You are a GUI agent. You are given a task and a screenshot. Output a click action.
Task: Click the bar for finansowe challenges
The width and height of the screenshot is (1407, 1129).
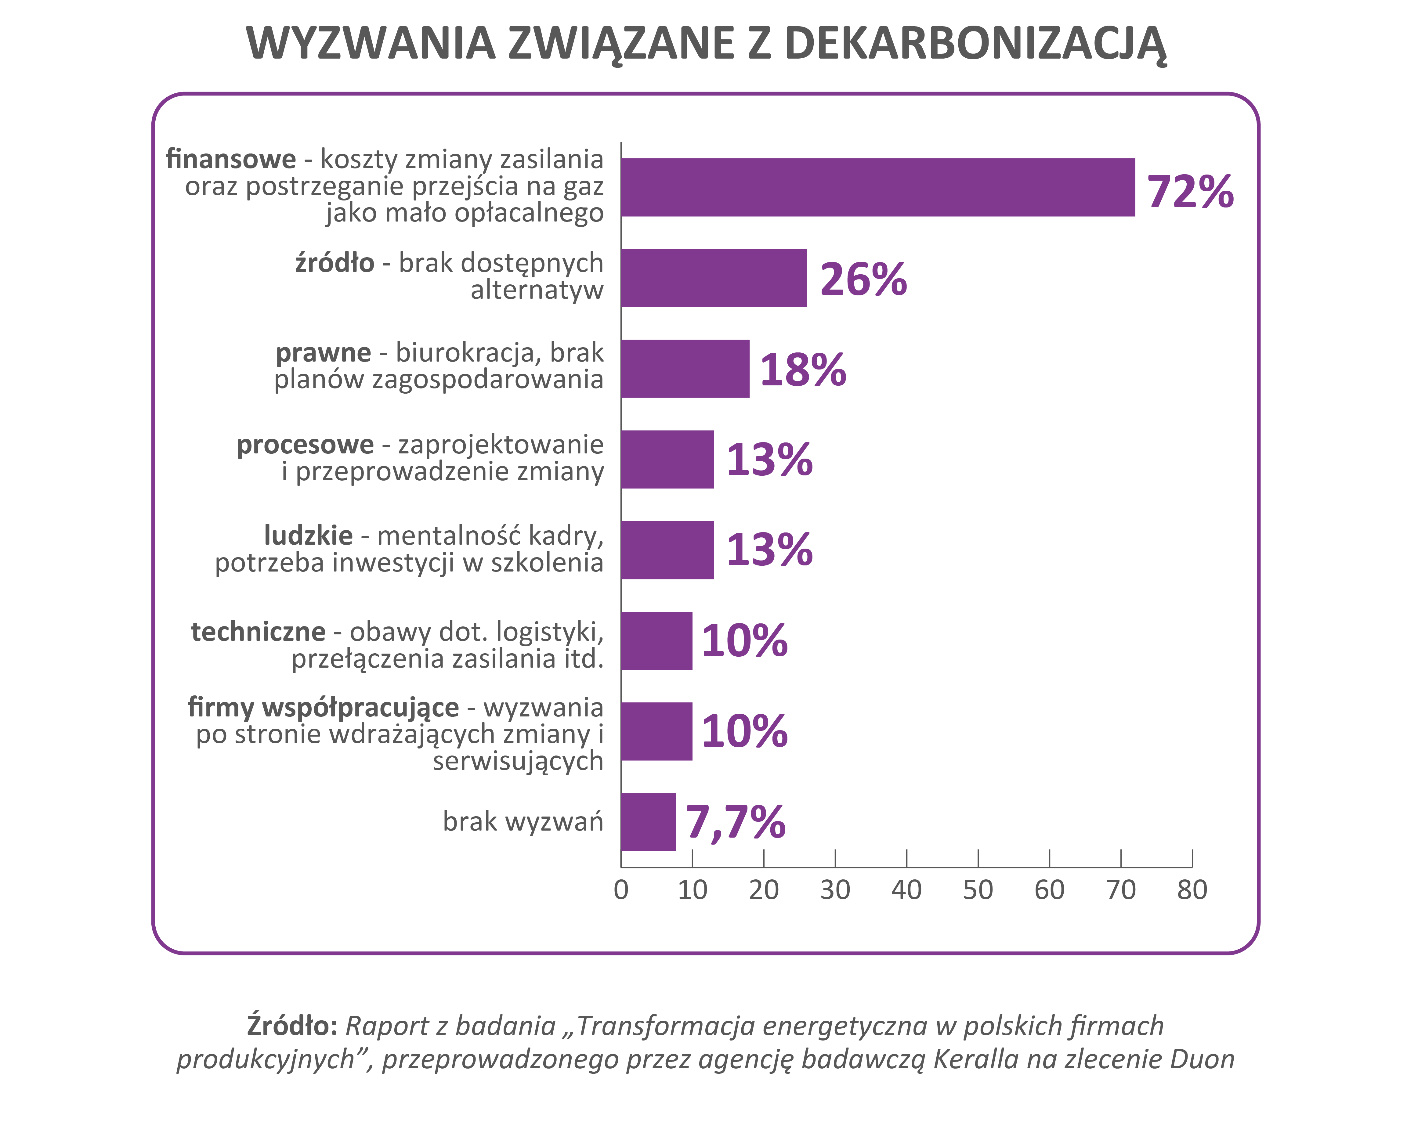pos(878,187)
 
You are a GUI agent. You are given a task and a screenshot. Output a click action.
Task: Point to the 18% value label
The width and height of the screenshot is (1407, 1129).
pos(803,370)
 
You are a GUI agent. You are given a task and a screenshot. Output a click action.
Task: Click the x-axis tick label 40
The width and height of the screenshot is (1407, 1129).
pos(906,890)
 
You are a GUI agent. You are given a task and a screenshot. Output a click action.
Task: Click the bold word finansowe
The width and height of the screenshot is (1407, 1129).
pos(231,159)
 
